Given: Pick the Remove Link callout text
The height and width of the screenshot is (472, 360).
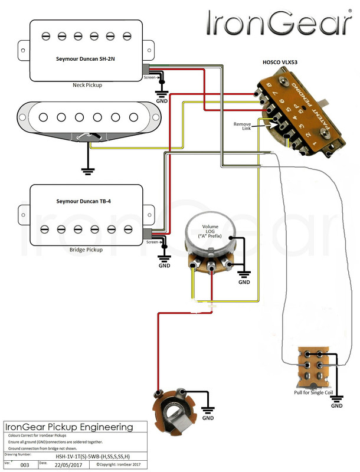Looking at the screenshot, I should pyautogui.click(x=243, y=127).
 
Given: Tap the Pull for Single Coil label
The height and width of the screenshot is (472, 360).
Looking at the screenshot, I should pyautogui.click(x=318, y=392).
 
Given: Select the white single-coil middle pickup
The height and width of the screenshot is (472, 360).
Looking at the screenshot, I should pyautogui.click(x=89, y=118).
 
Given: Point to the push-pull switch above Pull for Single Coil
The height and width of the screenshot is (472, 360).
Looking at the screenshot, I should pyautogui.click(x=313, y=366).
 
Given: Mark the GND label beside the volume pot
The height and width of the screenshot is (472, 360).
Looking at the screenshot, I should pyautogui.click(x=244, y=282).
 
